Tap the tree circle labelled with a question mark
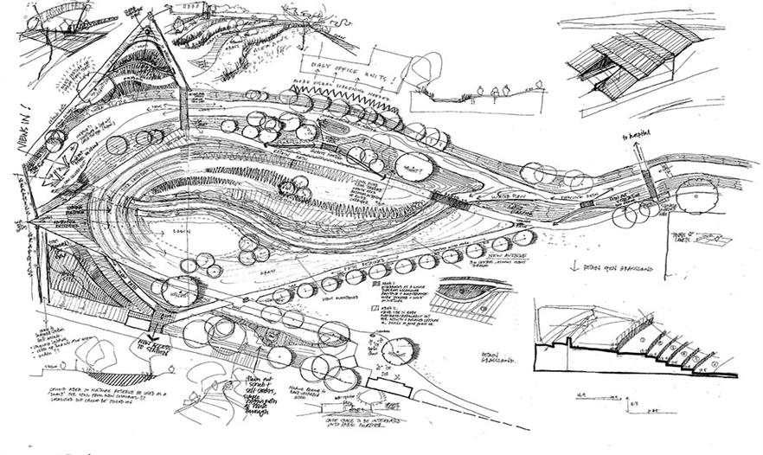(x=407, y=163)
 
